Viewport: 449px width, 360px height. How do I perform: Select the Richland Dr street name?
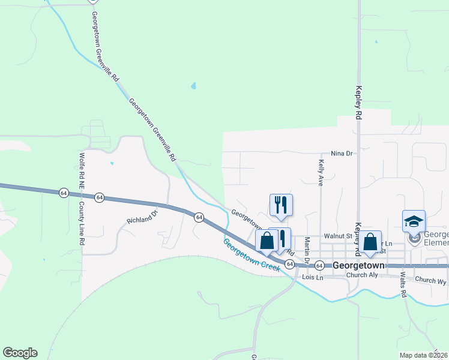pos(142,217)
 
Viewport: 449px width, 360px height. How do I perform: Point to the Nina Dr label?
pos(340,154)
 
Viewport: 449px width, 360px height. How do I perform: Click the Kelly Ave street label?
pos(322,172)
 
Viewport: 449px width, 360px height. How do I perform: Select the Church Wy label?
pos(431,280)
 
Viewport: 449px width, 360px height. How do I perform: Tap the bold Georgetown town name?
pos(358,265)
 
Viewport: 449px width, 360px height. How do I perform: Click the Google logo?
pos(20,352)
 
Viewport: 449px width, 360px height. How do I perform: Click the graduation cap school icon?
pos(414,221)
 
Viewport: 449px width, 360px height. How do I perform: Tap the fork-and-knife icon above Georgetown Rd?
pos(281,205)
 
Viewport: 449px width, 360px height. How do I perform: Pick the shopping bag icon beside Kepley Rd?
pos(370,242)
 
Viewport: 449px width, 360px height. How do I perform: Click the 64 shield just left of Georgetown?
pos(319,265)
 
